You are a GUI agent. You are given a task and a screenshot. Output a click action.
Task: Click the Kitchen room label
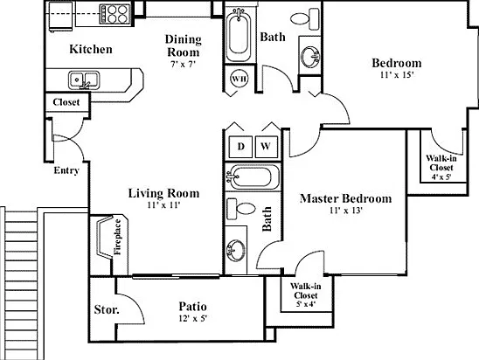pos(91,49)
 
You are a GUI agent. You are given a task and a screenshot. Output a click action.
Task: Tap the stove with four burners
pos(115,14)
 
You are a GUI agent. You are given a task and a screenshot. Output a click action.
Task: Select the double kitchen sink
pos(84,80)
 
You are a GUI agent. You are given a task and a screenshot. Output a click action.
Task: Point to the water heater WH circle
pos(239,79)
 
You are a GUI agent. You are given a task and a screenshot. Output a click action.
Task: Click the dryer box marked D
pos(240,147)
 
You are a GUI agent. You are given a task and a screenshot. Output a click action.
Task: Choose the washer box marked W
pos(266,147)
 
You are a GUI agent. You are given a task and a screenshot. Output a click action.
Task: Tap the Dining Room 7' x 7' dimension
pos(183,65)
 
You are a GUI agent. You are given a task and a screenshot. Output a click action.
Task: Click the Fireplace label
pos(118,237)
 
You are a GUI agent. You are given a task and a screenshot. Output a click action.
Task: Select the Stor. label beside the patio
pos(107,309)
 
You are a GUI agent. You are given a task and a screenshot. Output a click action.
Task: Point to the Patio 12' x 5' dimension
pos(193,318)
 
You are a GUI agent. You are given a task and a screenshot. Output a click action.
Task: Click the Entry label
pos(66,170)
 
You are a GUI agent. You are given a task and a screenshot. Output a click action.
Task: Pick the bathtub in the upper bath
pos(239,34)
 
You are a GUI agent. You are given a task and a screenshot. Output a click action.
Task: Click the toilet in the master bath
pos(241,209)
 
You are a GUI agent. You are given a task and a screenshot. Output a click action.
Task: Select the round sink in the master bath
pos(235,251)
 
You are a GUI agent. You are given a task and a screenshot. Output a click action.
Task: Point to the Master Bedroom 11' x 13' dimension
pos(346,211)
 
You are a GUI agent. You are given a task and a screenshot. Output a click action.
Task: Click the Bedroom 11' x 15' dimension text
pos(397,75)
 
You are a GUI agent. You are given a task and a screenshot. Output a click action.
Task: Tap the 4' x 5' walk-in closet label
pos(441,177)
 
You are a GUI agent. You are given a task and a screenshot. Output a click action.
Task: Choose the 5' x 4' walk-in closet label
pos(306,304)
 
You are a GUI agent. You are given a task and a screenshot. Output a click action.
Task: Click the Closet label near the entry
pos(66,102)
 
